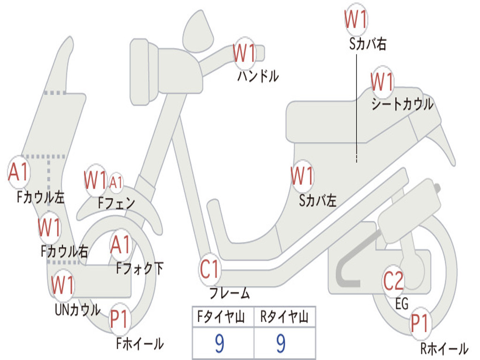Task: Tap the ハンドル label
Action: tap(258, 75)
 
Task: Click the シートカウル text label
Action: tap(402, 104)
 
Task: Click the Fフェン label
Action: tap(117, 203)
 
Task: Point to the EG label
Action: tap(402, 304)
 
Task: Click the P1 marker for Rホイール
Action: tap(420, 323)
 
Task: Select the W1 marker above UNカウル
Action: tap(63, 285)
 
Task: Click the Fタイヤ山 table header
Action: tap(222, 318)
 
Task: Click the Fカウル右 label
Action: tap(64, 252)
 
